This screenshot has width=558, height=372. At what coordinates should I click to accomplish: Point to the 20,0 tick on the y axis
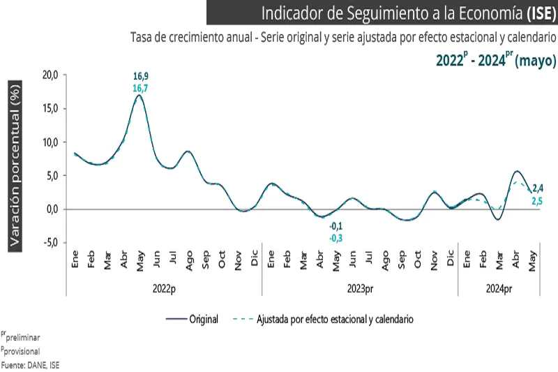(50, 75)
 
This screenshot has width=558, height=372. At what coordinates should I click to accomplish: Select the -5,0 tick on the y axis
(50, 243)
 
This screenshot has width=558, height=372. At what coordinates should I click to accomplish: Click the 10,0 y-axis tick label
(50, 142)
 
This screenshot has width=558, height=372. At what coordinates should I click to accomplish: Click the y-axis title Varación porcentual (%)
(15, 163)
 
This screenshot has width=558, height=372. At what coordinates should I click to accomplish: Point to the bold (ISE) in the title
(540, 13)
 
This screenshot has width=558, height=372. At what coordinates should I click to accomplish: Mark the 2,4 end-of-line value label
(538, 188)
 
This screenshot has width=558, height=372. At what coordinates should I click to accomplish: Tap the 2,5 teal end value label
(538, 201)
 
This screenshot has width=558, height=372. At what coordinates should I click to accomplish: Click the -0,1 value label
(337, 226)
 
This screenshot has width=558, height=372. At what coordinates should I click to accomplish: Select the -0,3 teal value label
(337, 238)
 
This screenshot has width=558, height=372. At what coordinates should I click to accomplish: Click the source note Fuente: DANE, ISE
(30, 364)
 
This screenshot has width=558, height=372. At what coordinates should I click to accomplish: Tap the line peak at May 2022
(139, 96)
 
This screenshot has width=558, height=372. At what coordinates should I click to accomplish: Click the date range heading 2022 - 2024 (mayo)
(496, 60)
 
